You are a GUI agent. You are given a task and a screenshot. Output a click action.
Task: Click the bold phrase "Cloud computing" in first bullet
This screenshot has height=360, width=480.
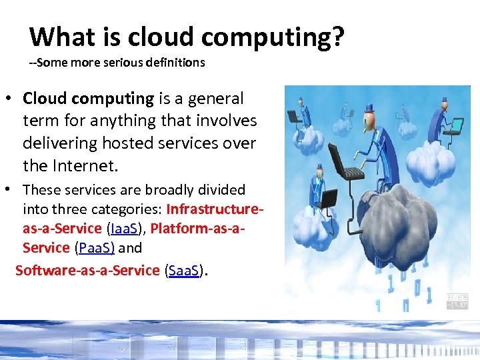(88, 99)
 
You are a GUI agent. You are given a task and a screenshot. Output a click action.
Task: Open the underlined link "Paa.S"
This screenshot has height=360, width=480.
(95, 248)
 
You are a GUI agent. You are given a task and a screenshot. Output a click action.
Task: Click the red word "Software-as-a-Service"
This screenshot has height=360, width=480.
(87, 271)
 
